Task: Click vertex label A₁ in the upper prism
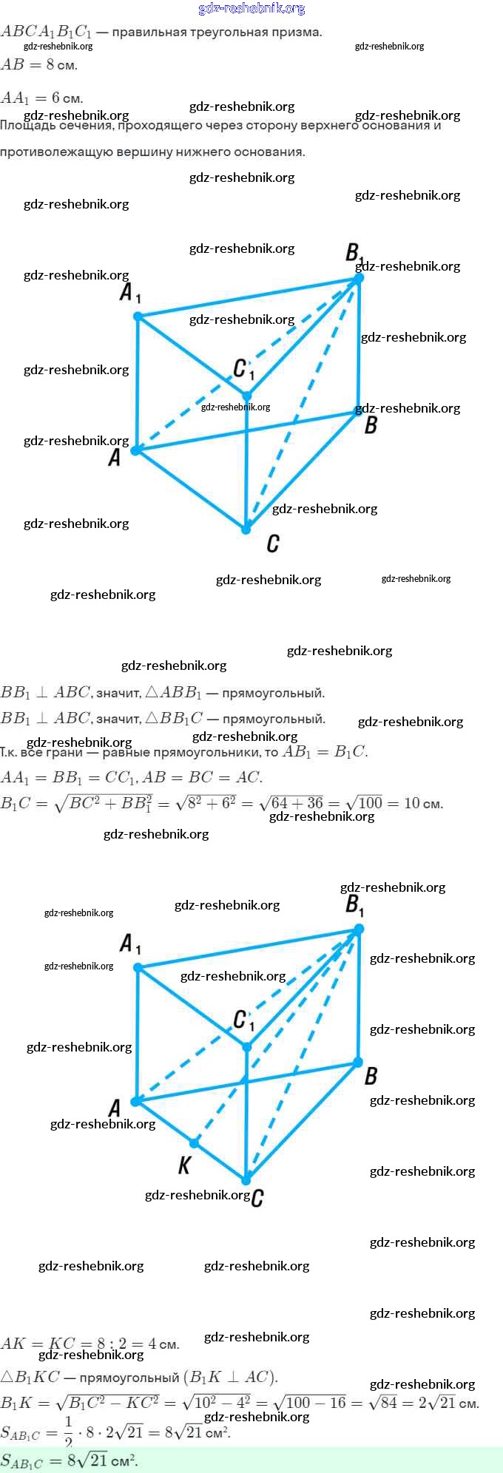tap(129, 293)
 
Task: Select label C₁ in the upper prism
tap(243, 368)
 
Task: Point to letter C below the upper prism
tap(272, 544)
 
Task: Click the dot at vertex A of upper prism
tap(136, 450)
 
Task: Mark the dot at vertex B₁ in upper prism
tap(359, 278)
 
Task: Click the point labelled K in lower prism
tap(194, 1142)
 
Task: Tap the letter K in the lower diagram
tap(184, 1165)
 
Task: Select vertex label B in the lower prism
tap(371, 1076)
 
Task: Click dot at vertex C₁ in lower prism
tap(247, 1046)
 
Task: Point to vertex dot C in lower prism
tap(246, 1179)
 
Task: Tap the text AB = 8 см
tap(39, 65)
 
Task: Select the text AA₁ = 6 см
tap(41, 98)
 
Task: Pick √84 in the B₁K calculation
tap(384, 1403)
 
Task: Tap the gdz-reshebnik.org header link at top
tap(251, 8)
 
